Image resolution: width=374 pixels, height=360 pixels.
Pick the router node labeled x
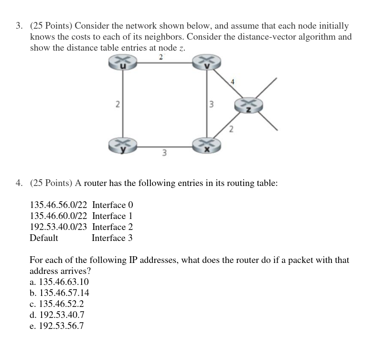coord(206,146)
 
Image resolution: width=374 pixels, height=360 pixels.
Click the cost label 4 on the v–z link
coord(232,81)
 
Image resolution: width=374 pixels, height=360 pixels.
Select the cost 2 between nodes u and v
coord(160,57)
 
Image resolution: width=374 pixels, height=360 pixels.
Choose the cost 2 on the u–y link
coord(117,105)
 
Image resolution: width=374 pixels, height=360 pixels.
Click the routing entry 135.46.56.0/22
coord(59,205)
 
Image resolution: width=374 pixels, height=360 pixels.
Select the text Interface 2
coord(112,227)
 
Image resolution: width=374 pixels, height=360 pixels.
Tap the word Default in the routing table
coord(44,238)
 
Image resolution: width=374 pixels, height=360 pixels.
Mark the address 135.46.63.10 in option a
coord(63,282)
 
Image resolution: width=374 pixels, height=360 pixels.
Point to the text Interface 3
coord(112,238)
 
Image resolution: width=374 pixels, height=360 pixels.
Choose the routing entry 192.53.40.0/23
coord(59,227)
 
